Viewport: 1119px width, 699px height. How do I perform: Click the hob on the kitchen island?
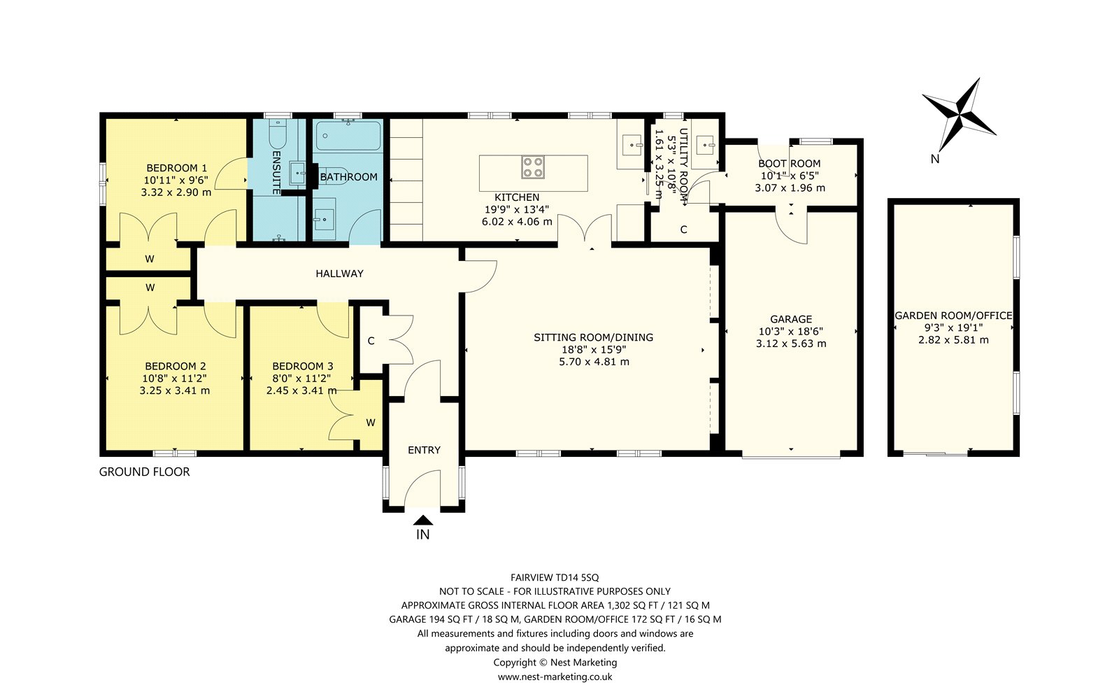pyautogui.click(x=532, y=167)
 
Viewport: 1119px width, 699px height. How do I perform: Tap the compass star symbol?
pyautogui.click(x=959, y=115)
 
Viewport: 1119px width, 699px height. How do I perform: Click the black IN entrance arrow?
pyautogui.click(x=423, y=520)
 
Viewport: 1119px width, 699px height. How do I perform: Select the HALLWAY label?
pyautogui.click(x=340, y=274)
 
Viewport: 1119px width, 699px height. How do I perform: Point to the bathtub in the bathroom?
pyautogui.click(x=348, y=135)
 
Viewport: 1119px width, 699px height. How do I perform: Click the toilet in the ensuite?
pyautogui.click(x=277, y=134)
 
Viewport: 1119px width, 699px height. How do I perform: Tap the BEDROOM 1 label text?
pyautogui.click(x=176, y=168)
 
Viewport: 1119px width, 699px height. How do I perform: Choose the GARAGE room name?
pyautogui.click(x=791, y=319)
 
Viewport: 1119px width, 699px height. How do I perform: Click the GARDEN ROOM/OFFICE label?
pyautogui.click(x=953, y=316)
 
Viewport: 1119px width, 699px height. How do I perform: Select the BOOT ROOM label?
pyautogui.click(x=790, y=164)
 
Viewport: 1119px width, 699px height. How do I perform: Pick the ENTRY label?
pyautogui.click(x=424, y=450)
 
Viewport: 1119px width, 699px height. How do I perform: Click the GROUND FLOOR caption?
pyautogui.click(x=144, y=472)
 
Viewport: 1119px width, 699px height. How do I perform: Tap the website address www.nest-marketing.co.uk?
pyautogui.click(x=555, y=677)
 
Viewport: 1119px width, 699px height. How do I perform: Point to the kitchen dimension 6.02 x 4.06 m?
pyautogui.click(x=517, y=221)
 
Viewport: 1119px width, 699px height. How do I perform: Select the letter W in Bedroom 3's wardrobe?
pyautogui.click(x=371, y=423)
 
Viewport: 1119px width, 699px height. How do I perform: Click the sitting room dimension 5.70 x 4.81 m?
pyautogui.click(x=594, y=361)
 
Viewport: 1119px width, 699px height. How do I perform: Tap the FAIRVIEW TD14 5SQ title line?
pyautogui.click(x=555, y=577)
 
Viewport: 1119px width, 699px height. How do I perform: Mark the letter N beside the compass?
pyautogui.click(x=935, y=159)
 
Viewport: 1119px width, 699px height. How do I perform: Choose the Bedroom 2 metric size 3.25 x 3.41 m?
pyautogui.click(x=175, y=390)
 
